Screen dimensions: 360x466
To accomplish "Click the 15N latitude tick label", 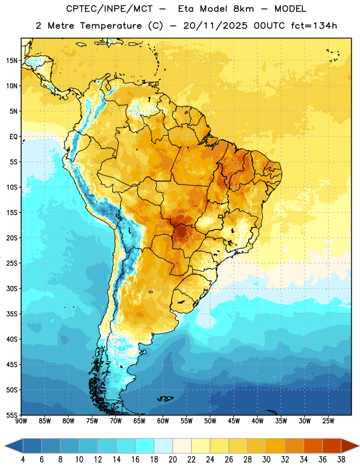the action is point(12,61).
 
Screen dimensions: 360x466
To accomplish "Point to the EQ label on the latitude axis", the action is point(13,137).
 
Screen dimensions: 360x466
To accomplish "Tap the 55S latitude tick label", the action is point(12,415).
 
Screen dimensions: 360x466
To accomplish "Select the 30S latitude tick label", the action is point(12,288).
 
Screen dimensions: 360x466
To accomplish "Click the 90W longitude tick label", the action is point(21,421).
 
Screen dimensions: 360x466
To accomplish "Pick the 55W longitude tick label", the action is point(186,421).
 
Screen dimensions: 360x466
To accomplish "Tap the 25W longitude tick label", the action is point(328,421).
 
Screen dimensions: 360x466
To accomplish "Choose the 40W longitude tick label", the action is point(257,421).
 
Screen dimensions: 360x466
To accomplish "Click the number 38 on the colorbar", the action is point(341,460).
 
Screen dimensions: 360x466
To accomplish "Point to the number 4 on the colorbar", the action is point(23,460).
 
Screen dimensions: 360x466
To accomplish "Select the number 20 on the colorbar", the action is point(172,460).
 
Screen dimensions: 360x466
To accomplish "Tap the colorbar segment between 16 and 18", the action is point(144,446).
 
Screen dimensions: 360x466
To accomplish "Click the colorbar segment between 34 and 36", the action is point(313,446).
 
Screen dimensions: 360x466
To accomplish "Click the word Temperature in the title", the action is point(111,26).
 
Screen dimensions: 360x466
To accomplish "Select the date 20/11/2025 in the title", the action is point(215,26).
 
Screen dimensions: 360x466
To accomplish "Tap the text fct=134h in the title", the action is point(314,26).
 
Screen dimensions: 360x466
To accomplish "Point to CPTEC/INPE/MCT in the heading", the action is point(110,9).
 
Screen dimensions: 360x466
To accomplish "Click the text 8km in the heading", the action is point(243,9).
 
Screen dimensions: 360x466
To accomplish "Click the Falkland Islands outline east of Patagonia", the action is point(165,398).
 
